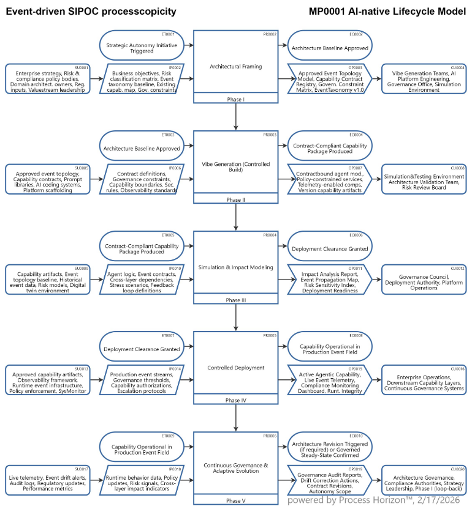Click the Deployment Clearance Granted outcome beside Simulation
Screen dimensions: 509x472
tap(330, 248)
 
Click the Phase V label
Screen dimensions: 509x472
tap(236, 500)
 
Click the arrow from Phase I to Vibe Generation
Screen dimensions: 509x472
tap(236, 116)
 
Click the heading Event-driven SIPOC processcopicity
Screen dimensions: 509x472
tap(91, 11)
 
